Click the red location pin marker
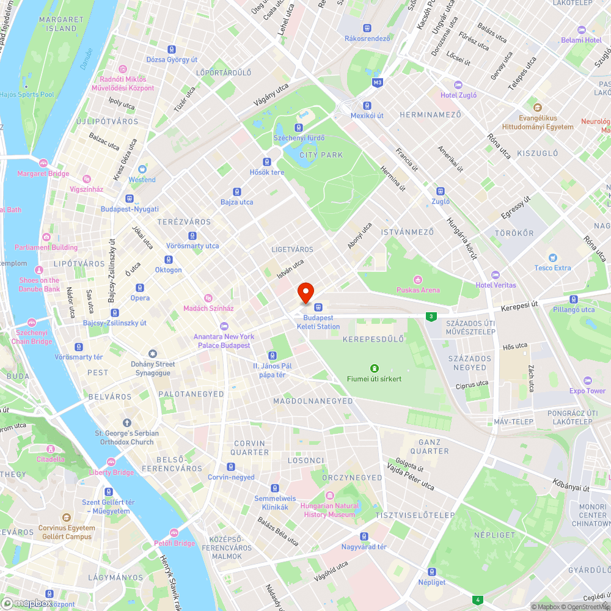pyautogui.click(x=305, y=292)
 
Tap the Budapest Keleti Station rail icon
pyautogui.click(x=318, y=307)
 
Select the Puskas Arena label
pyautogui.click(x=418, y=290)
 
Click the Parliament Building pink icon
pyautogui.click(x=46, y=236)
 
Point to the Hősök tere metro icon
pyautogui.click(x=267, y=162)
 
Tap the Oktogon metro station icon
pyautogui.click(x=168, y=260)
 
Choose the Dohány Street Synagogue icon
pyautogui.click(x=153, y=353)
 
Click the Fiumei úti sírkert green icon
pyautogui.click(x=375, y=368)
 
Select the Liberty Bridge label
pyautogui.click(x=111, y=472)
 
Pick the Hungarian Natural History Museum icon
pyautogui.click(x=330, y=495)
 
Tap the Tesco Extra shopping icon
pyautogui.click(x=553, y=257)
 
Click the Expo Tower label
pyautogui.click(x=587, y=390)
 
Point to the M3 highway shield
pyautogui.click(x=378, y=82)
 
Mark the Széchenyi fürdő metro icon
pyautogui.click(x=299, y=128)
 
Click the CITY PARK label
pyautogui.click(x=321, y=155)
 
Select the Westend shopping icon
pyautogui.click(x=142, y=169)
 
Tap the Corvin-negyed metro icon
pyautogui.click(x=231, y=467)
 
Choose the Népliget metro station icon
pyautogui.click(x=432, y=572)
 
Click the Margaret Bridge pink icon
pyautogui.click(x=43, y=163)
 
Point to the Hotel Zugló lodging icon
pyautogui.click(x=459, y=84)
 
